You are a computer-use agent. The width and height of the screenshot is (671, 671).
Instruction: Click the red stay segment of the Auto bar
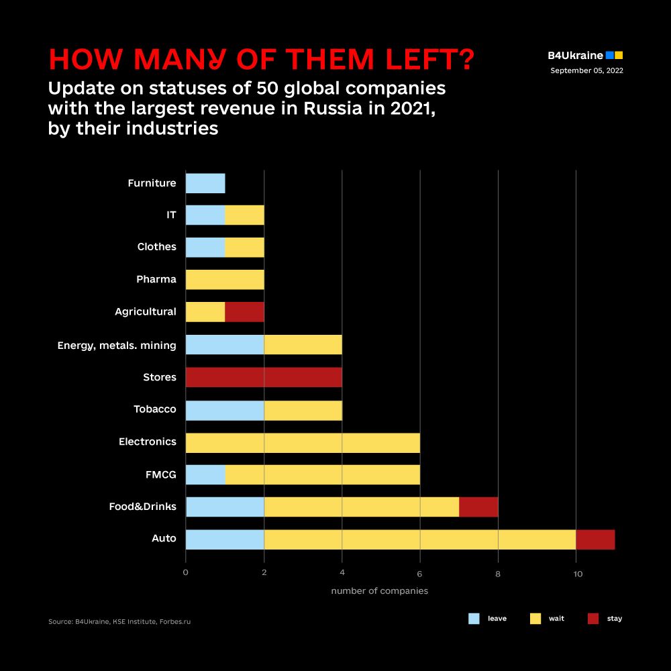coord(595,539)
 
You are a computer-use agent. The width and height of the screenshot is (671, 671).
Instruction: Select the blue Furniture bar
coord(205,183)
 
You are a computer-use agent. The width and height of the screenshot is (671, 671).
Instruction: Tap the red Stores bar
coord(264,377)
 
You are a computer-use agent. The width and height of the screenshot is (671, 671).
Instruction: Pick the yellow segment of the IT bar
coord(244,215)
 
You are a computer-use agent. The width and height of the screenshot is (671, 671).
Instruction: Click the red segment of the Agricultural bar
coord(244,312)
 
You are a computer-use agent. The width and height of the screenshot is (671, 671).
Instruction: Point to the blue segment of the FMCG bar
coord(205,474)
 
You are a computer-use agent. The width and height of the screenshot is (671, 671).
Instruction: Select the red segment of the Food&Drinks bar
coord(478,507)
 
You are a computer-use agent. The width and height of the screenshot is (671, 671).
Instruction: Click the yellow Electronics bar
coord(303,442)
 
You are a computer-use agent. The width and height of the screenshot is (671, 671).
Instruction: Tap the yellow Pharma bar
coord(225,280)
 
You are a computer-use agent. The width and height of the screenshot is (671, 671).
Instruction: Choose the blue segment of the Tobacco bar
coord(225,410)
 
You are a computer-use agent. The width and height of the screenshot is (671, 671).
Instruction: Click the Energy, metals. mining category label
coord(117,346)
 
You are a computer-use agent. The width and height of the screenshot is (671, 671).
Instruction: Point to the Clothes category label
coord(156,247)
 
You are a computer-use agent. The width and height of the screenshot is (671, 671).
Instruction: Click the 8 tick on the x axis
coord(498,573)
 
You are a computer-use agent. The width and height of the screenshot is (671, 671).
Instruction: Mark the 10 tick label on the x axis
coord(576,573)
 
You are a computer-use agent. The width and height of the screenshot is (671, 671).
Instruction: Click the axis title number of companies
coord(379,591)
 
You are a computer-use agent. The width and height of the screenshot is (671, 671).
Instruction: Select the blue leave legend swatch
coord(474,619)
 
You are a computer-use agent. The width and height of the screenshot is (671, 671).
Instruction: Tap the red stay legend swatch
coord(592,619)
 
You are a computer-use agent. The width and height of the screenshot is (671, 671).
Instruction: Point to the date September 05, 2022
coord(586,70)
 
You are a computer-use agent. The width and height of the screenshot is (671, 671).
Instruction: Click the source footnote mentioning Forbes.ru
coord(119,622)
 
